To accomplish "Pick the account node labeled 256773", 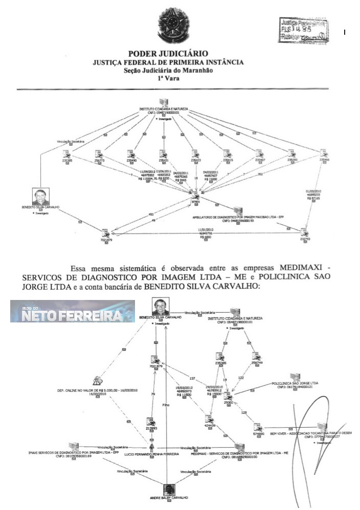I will [100, 155].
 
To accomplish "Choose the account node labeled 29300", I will [228, 396].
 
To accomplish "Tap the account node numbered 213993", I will [150, 422].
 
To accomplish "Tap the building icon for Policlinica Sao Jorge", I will [295, 378].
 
